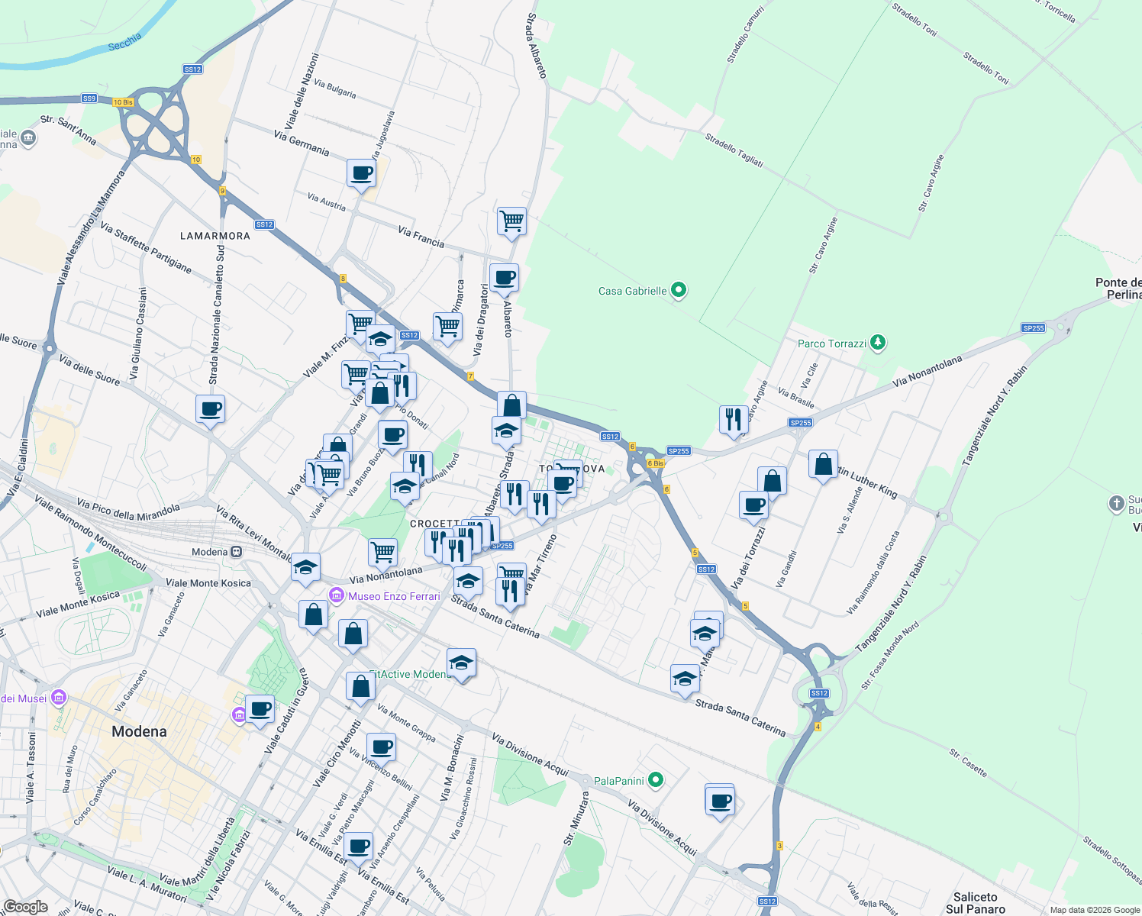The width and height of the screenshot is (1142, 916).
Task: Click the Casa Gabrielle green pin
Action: point(679,290)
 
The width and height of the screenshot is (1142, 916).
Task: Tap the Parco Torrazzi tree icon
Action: point(879,343)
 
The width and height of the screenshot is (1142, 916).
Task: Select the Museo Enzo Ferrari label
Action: point(394,596)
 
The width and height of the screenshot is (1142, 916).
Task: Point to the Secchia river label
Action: point(124,42)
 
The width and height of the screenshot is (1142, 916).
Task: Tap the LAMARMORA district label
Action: point(215,236)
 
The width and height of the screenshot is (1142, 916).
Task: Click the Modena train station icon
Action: point(237,552)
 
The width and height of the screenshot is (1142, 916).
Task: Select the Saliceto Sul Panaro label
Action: point(976,903)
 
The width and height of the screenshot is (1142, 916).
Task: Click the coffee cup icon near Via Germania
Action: point(361,173)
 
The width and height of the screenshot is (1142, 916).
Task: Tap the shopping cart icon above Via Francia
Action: point(511,221)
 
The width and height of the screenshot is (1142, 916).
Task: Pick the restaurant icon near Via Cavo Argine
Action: point(733,418)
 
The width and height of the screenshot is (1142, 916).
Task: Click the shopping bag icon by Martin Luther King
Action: point(823,463)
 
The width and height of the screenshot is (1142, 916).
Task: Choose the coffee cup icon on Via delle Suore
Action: point(210,409)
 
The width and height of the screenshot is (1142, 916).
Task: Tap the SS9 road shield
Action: point(89,98)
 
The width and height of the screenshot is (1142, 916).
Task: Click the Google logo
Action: point(25,907)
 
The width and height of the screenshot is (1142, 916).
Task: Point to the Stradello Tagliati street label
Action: point(734,150)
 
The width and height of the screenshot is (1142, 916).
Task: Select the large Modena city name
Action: point(139,731)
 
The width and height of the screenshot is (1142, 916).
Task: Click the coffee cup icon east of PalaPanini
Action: point(720,801)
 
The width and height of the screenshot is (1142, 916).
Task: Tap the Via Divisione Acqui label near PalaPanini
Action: point(531,755)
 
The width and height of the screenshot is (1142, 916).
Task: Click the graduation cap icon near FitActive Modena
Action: point(461,663)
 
